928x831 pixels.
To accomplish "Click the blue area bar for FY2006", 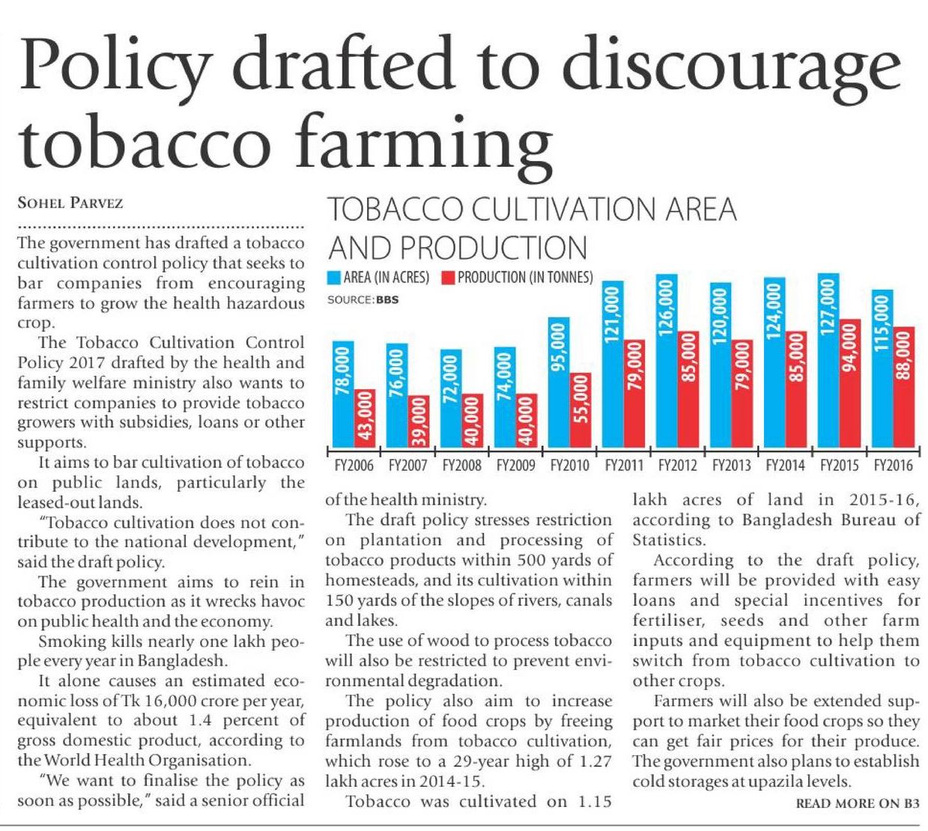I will pos(343,395).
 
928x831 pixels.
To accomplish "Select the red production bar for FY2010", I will pos(580,410).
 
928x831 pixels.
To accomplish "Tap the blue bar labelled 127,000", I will pos(828,361).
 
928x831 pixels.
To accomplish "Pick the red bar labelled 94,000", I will pos(849,383).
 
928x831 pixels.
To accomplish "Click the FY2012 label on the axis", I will pos(677,466).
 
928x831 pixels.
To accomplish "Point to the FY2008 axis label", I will pos(461,466).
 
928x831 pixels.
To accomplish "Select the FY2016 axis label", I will pos(893,466).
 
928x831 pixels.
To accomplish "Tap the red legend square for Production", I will pos(448,278).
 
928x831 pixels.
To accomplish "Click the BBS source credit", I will pos(386,299).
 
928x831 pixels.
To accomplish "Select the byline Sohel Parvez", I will pos(70,203).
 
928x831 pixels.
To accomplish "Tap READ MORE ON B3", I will pos(857,803).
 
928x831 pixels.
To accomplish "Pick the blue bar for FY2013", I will pos(721,365).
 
